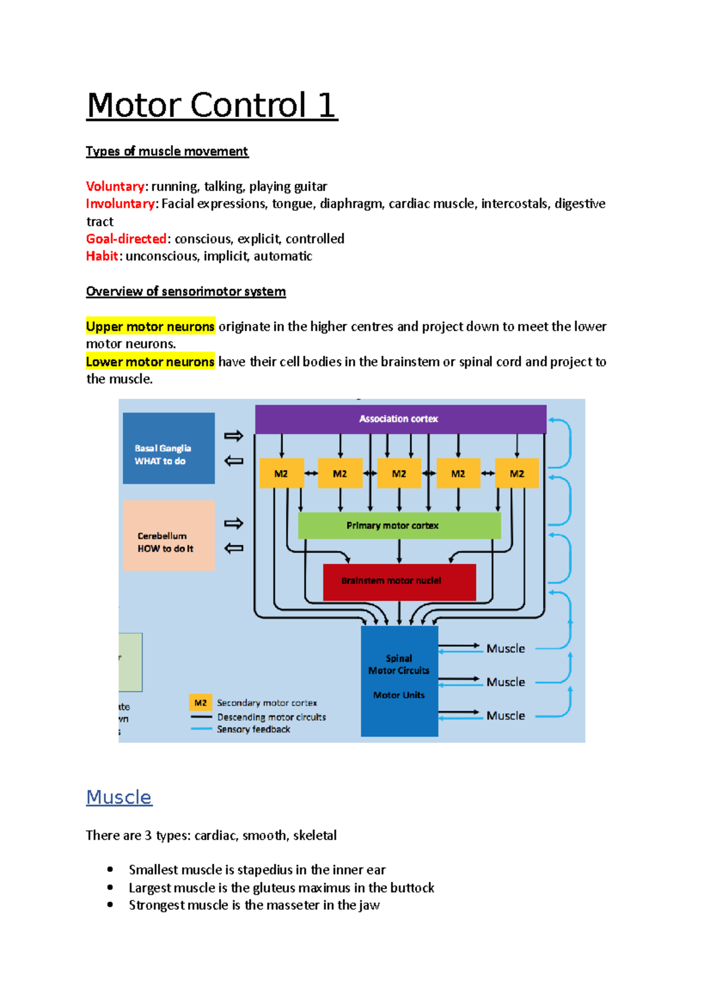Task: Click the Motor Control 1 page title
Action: coord(212,106)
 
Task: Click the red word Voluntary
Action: coord(115,186)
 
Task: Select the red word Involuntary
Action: coord(121,204)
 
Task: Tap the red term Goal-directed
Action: coord(127,239)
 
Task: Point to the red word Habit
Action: coord(102,256)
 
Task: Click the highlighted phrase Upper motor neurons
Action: coord(150,327)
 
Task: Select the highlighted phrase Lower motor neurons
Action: coord(150,362)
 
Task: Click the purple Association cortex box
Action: coord(400,419)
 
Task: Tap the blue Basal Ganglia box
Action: coord(169,448)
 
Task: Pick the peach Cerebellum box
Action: coord(169,536)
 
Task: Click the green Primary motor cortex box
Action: coord(399,526)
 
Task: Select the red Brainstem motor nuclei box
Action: coord(399,582)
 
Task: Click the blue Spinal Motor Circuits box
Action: coord(399,681)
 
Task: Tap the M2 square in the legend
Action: coord(201,703)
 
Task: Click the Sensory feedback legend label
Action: coord(253,729)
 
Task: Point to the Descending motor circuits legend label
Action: coord(271,717)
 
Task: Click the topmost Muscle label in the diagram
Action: coord(506,649)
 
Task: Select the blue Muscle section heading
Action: coord(119,797)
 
